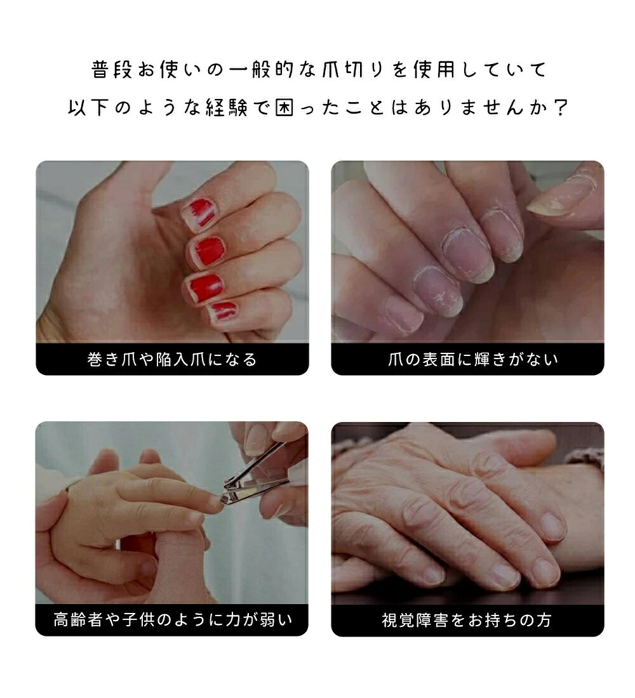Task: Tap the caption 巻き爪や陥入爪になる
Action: click(172, 359)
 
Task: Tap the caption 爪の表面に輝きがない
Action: click(473, 359)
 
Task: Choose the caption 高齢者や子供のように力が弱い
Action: click(173, 620)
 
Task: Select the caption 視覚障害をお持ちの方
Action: click(467, 620)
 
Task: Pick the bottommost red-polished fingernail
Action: click(224, 311)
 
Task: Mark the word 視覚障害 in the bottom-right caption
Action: click(415, 620)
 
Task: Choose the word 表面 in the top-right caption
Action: click(439, 359)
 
